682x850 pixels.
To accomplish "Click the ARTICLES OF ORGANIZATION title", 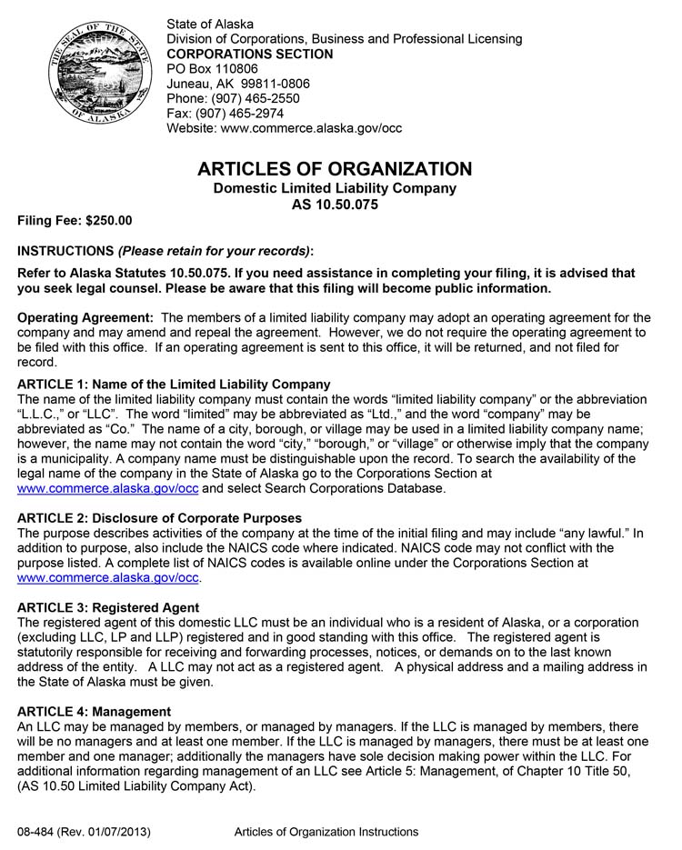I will [335, 169].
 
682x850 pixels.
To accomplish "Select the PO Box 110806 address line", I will [212, 68].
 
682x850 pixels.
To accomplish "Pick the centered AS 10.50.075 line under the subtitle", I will [335, 205].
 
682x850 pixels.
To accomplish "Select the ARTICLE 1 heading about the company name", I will [174, 385].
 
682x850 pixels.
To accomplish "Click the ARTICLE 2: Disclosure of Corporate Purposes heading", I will [159, 518].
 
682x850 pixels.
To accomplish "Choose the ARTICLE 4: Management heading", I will [94, 711].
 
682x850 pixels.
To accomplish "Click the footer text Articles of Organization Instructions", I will [326, 832].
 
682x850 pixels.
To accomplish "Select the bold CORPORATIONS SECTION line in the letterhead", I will [250, 54].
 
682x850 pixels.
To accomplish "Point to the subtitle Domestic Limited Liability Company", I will [335, 188].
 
